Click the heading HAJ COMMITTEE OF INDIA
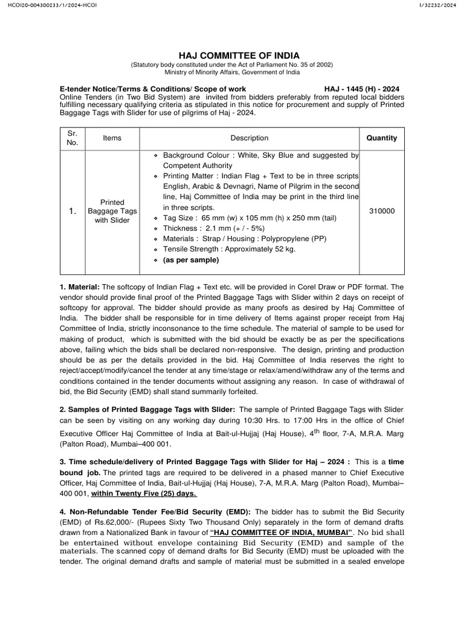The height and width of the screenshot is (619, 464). [231, 56]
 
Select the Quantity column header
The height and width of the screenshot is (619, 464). [382, 138]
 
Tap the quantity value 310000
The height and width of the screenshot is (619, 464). [382, 211]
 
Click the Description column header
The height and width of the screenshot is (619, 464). [249, 138]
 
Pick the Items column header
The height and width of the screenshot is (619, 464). [112, 138]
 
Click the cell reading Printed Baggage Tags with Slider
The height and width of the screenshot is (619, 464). [112, 211]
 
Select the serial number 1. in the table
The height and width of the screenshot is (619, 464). [72, 211]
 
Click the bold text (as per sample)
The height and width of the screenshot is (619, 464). [191, 260]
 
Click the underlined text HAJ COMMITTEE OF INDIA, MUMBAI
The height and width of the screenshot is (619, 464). [281, 533]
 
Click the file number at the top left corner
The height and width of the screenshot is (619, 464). [50, 5]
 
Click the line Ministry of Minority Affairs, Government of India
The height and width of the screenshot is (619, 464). [231, 72]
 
